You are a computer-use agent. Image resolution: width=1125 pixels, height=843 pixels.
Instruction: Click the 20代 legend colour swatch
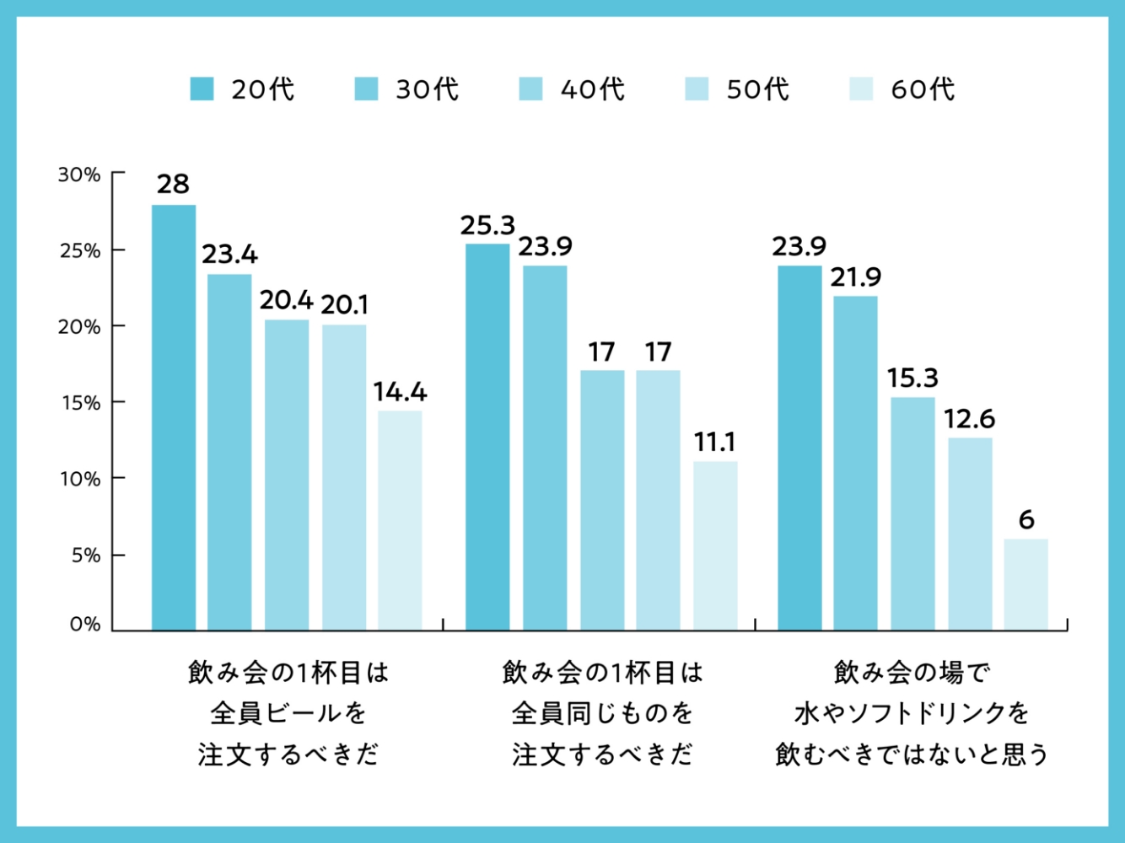point(202,89)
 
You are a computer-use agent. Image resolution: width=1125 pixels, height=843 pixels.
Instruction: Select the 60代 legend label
point(923,89)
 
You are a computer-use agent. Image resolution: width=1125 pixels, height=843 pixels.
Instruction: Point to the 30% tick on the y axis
point(79,175)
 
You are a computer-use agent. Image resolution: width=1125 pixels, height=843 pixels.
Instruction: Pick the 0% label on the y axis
point(84,624)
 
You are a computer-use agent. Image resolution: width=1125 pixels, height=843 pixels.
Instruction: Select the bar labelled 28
point(174,417)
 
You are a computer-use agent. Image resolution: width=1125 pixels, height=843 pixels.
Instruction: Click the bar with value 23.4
point(229,452)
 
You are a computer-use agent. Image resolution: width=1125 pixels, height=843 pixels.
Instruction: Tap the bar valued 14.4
point(400,520)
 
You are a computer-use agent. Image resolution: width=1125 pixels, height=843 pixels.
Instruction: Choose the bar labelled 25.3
point(487,437)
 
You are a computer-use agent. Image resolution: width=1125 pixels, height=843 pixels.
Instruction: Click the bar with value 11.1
point(715,545)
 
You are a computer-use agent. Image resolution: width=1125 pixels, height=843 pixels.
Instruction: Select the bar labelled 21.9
point(855,463)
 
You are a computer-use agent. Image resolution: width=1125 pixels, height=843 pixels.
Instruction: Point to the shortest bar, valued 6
point(1025,584)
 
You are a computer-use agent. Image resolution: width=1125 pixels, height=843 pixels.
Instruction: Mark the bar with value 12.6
point(970,534)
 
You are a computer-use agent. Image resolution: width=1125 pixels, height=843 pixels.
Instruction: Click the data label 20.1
point(344,304)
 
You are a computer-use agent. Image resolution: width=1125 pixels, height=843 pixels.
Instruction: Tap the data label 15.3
point(912,378)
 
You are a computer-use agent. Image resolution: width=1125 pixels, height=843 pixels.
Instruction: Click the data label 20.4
point(286,300)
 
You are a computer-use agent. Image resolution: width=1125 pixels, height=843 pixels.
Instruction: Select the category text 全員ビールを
point(288,713)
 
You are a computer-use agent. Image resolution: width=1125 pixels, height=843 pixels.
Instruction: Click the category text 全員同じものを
point(602,713)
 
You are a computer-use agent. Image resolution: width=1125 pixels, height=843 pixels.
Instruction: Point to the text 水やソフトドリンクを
point(912,713)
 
